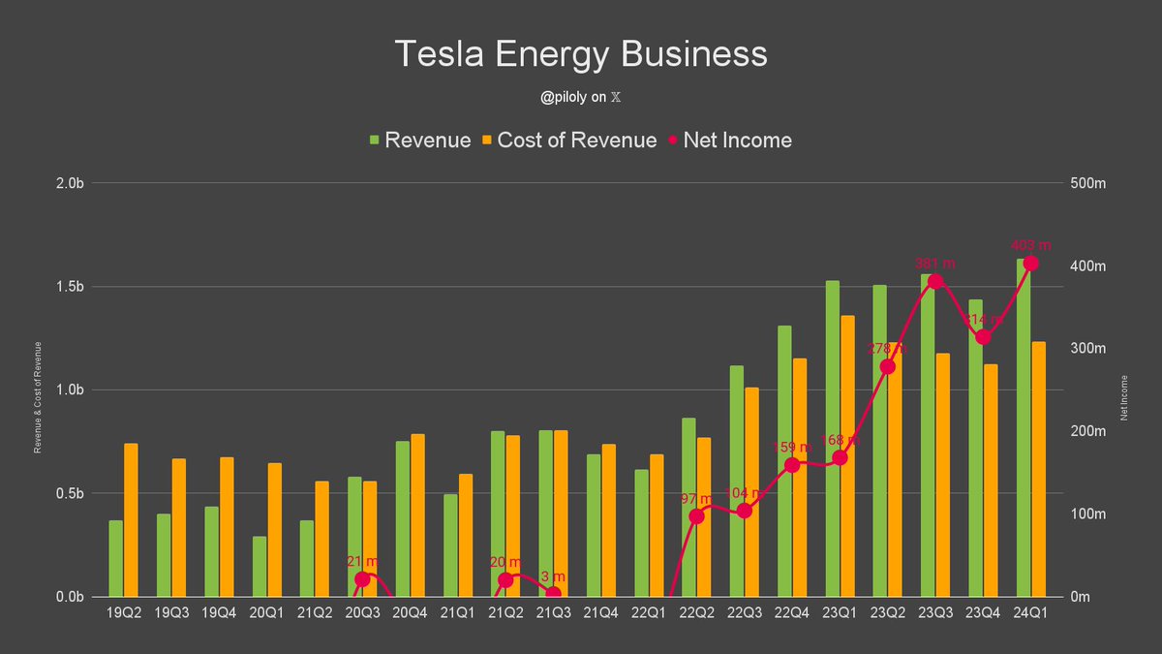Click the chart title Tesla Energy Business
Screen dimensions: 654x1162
(x=581, y=54)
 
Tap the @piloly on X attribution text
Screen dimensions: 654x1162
(x=581, y=97)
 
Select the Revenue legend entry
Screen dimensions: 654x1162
(x=419, y=140)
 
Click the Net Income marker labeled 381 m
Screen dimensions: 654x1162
(x=935, y=282)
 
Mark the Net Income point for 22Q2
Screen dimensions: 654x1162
(x=696, y=516)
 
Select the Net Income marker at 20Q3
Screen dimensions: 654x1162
(x=362, y=579)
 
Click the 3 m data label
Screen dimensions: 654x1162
(x=552, y=577)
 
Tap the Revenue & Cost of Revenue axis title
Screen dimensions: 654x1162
(x=39, y=397)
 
